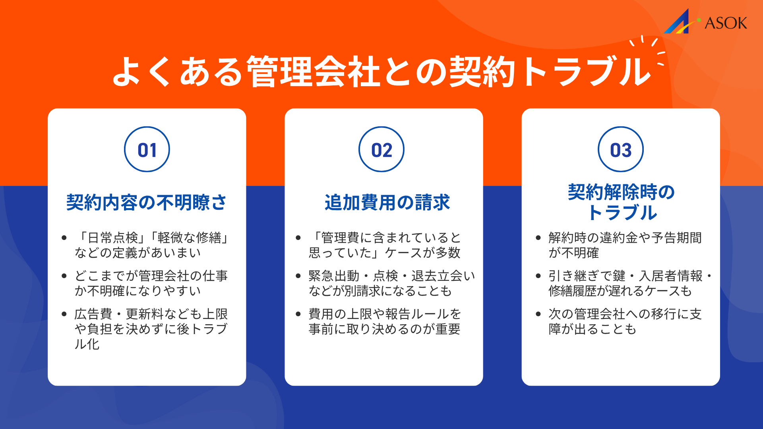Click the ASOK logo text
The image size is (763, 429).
pos(726,23)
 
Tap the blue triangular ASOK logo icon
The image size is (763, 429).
pos(678,22)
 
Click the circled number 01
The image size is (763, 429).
pos(147,150)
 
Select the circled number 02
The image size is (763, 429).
pos(381,150)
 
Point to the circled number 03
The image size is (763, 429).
pos(621,150)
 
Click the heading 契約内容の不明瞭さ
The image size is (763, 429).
pos(147,203)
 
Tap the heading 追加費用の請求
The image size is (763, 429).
pos(387,203)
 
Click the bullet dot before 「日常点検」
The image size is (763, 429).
pos(64,238)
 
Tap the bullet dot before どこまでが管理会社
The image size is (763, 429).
pos(64,276)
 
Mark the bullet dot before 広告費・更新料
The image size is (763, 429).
pos(64,314)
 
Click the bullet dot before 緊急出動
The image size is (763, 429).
pos(298,276)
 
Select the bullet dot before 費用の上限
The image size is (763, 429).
pos(298,314)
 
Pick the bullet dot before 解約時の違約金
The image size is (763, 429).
pos(538,238)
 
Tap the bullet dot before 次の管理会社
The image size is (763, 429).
pos(538,314)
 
